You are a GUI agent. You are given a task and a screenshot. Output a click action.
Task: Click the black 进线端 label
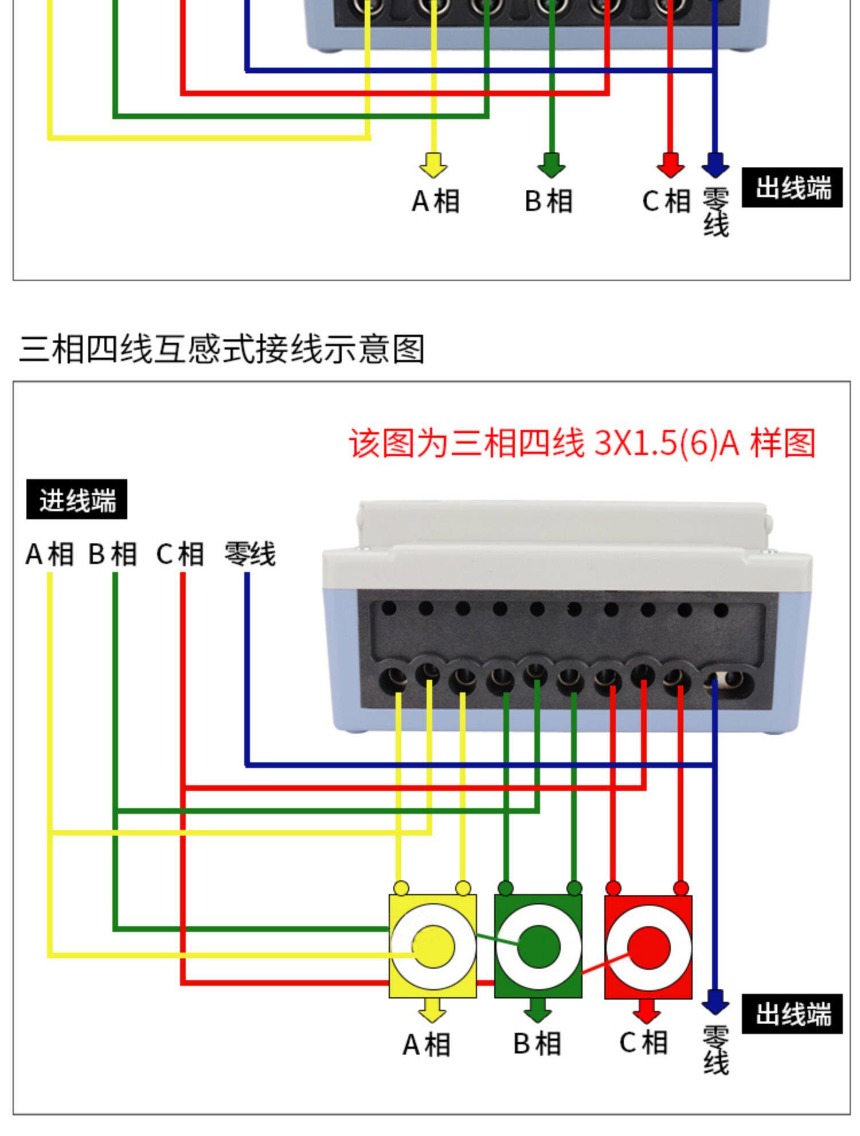pos(77,500)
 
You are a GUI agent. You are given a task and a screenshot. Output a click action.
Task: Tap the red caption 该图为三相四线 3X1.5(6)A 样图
pos(582,443)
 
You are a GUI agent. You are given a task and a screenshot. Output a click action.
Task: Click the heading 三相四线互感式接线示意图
pos(222,349)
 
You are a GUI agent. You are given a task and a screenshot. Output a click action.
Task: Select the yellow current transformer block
pos(433,946)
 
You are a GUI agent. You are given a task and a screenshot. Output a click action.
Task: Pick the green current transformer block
pos(538,946)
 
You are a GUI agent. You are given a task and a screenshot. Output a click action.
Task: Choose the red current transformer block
pos(648,946)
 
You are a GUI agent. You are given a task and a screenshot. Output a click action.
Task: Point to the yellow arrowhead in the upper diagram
pos(433,165)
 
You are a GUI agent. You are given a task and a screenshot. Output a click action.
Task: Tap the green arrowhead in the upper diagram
pos(552,165)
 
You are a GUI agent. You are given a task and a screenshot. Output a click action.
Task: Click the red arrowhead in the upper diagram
pos(670,165)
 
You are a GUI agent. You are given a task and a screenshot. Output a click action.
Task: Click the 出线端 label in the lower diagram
pos(792,1014)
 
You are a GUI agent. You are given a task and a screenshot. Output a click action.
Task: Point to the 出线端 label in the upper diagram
pos(792,187)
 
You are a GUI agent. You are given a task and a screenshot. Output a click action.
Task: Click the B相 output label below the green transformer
pos(537,1044)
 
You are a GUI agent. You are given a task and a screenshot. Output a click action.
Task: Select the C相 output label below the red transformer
pos(644,1043)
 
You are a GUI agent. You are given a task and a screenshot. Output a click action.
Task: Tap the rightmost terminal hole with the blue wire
pos(728,683)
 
